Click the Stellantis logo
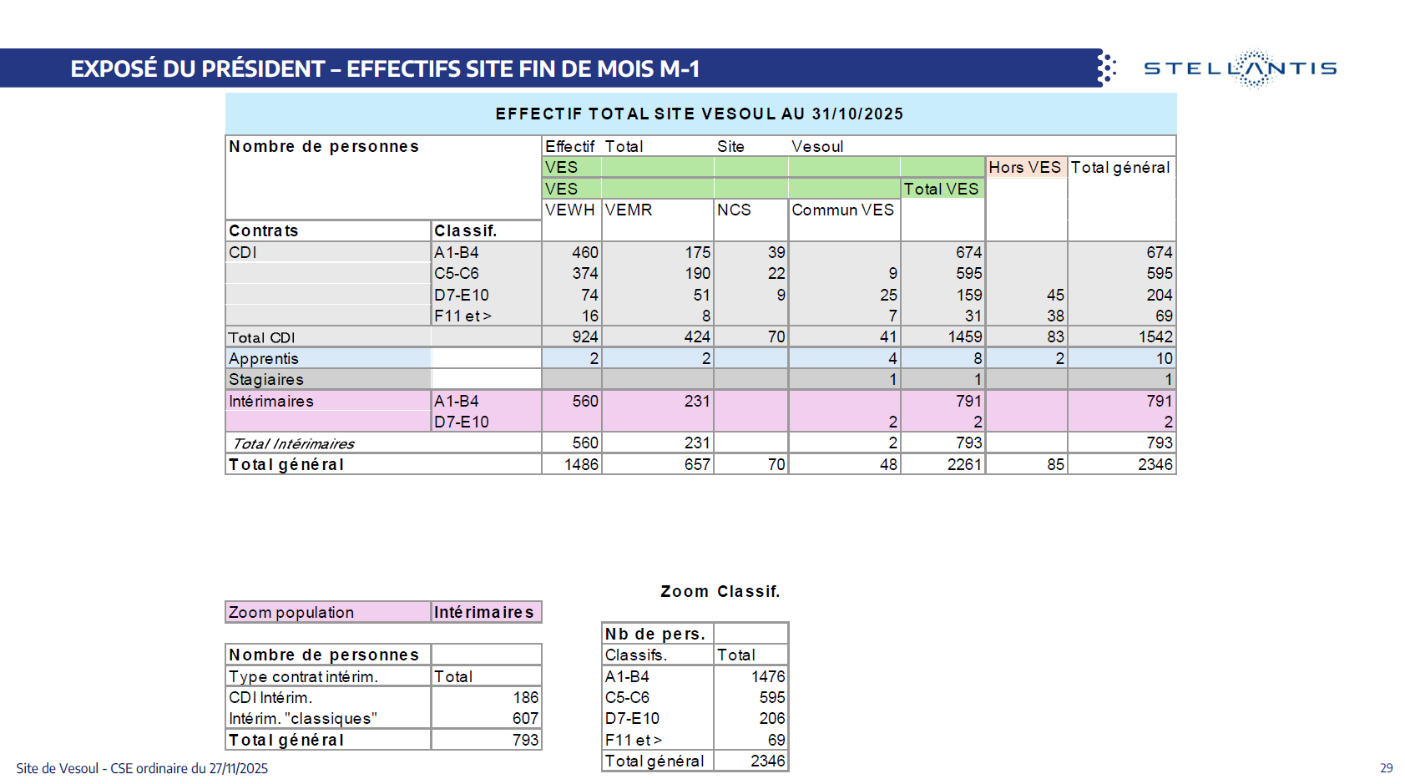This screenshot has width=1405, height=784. [1240, 68]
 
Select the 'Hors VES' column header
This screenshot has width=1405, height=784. [1024, 167]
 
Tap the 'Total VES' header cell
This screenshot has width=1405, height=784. [941, 189]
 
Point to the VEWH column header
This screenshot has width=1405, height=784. [570, 210]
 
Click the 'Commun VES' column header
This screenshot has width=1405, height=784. [842, 210]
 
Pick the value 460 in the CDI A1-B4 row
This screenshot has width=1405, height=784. [584, 252]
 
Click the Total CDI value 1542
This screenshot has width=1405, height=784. [1155, 336]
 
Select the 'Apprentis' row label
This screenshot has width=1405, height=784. [264, 358]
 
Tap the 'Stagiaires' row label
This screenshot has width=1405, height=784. [266, 379]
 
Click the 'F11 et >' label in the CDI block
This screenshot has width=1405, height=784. [462, 316]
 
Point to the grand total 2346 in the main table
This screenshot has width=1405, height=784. [1155, 464]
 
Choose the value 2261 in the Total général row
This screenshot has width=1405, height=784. [964, 464]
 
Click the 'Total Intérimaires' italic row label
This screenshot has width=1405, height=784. [293, 443]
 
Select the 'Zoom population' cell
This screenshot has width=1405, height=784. [291, 612]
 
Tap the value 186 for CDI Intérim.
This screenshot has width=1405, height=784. [525, 697]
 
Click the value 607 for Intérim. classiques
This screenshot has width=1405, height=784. [525, 718]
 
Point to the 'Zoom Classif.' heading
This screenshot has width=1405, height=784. [720, 591]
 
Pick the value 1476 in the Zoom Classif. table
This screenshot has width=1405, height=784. [767, 676]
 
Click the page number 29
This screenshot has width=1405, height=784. [1386, 768]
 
